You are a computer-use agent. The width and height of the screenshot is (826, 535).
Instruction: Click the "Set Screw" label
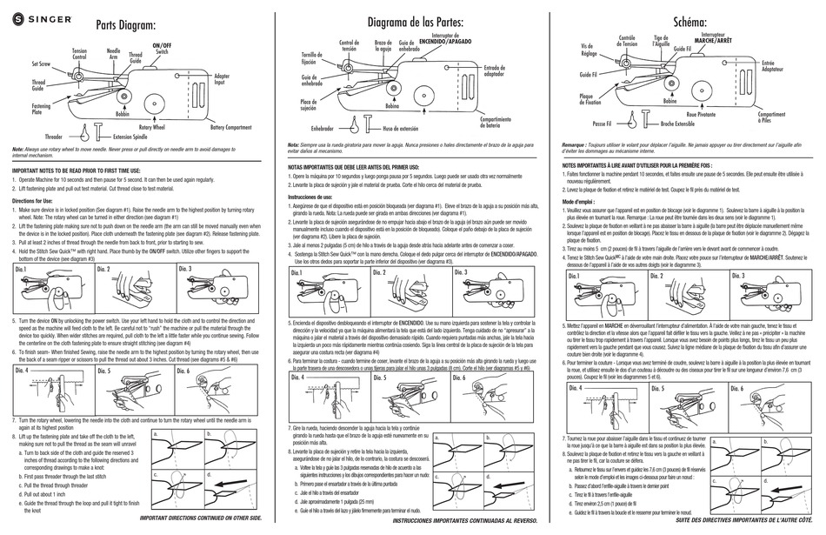click(x=43, y=64)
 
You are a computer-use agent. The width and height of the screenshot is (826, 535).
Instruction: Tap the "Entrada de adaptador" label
click(x=494, y=71)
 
